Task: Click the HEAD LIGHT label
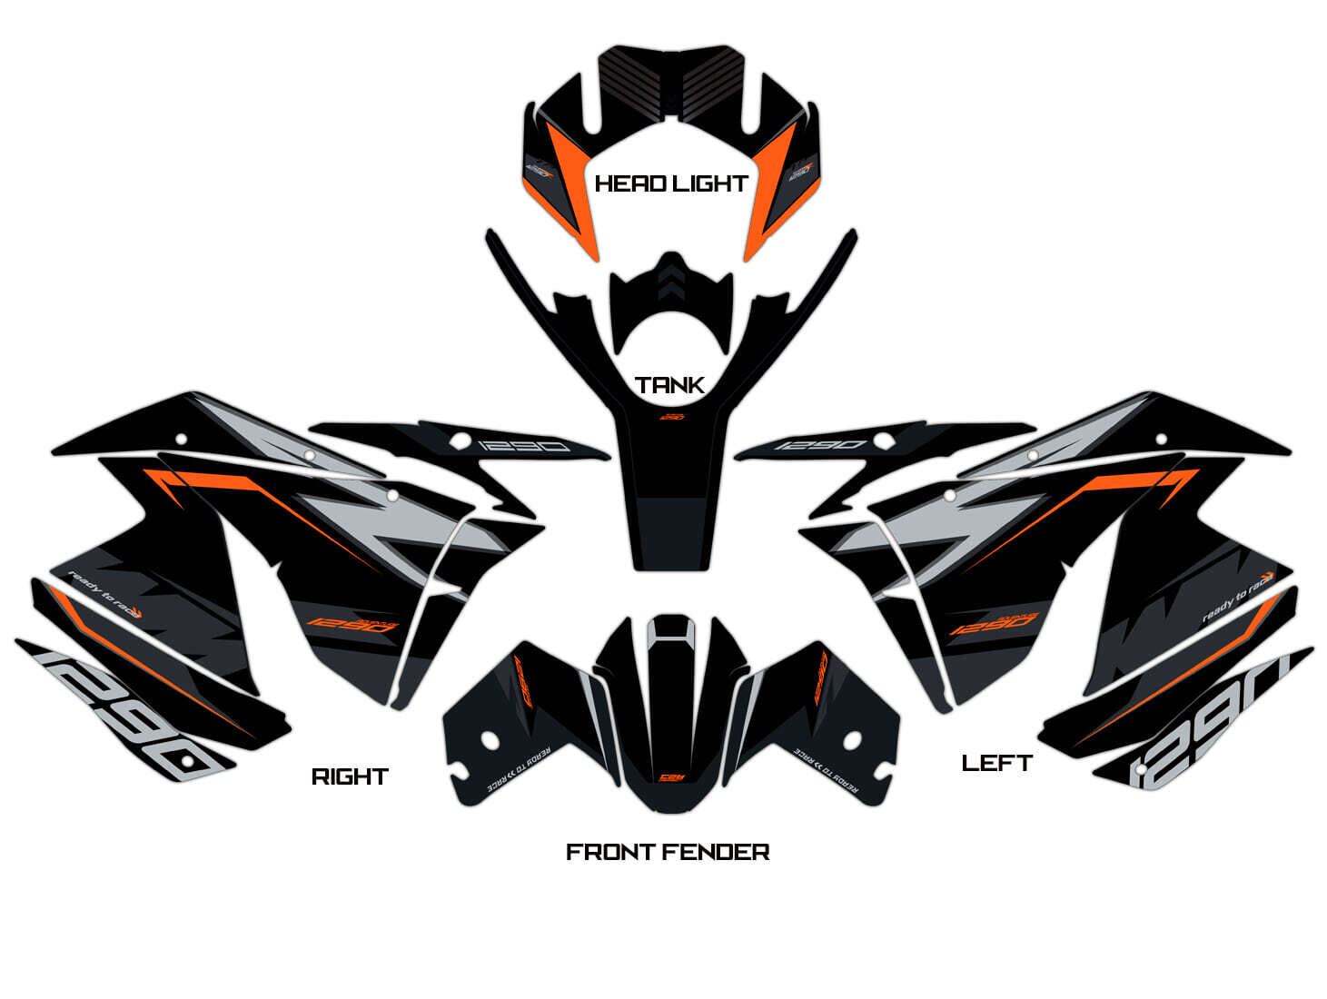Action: click(x=670, y=183)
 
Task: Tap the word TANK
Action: click(x=670, y=385)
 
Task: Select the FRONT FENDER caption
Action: click(x=668, y=852)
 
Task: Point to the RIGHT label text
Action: click(x=350, y=776)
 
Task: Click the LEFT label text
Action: click(x=996, y=763)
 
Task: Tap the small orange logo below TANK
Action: click(x=670, y=417)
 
